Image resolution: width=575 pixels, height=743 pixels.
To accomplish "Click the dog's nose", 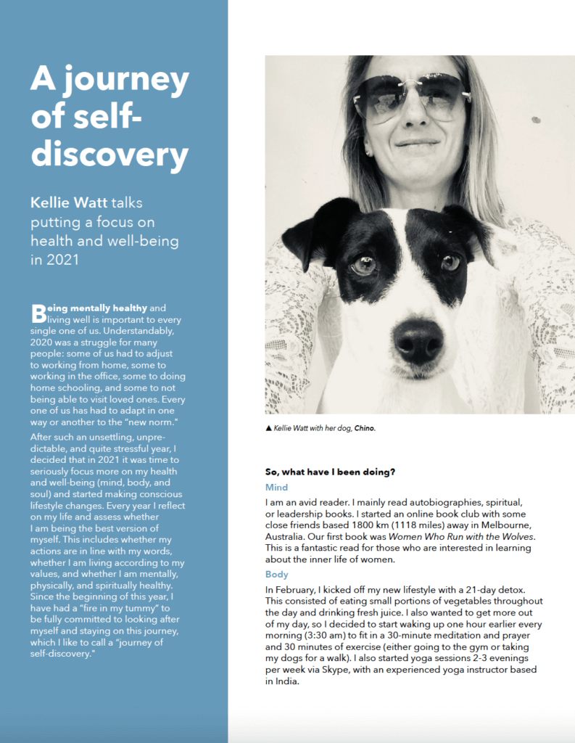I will pyautogui.click(x=418, y=341).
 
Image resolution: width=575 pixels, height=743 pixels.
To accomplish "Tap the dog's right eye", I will pyautogui.click(x=450, y=262).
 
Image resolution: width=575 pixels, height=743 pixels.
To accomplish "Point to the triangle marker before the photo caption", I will pyautogui.click(x=269, y=429).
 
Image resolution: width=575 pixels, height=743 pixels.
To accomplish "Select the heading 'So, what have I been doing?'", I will pyautogui.click(x=330, y=472).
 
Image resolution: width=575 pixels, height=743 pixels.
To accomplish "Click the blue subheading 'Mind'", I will pyautogui.click(x=277, y=488).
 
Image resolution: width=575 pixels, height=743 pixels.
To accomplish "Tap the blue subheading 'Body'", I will pyautogui.click(x=277, y=575).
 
